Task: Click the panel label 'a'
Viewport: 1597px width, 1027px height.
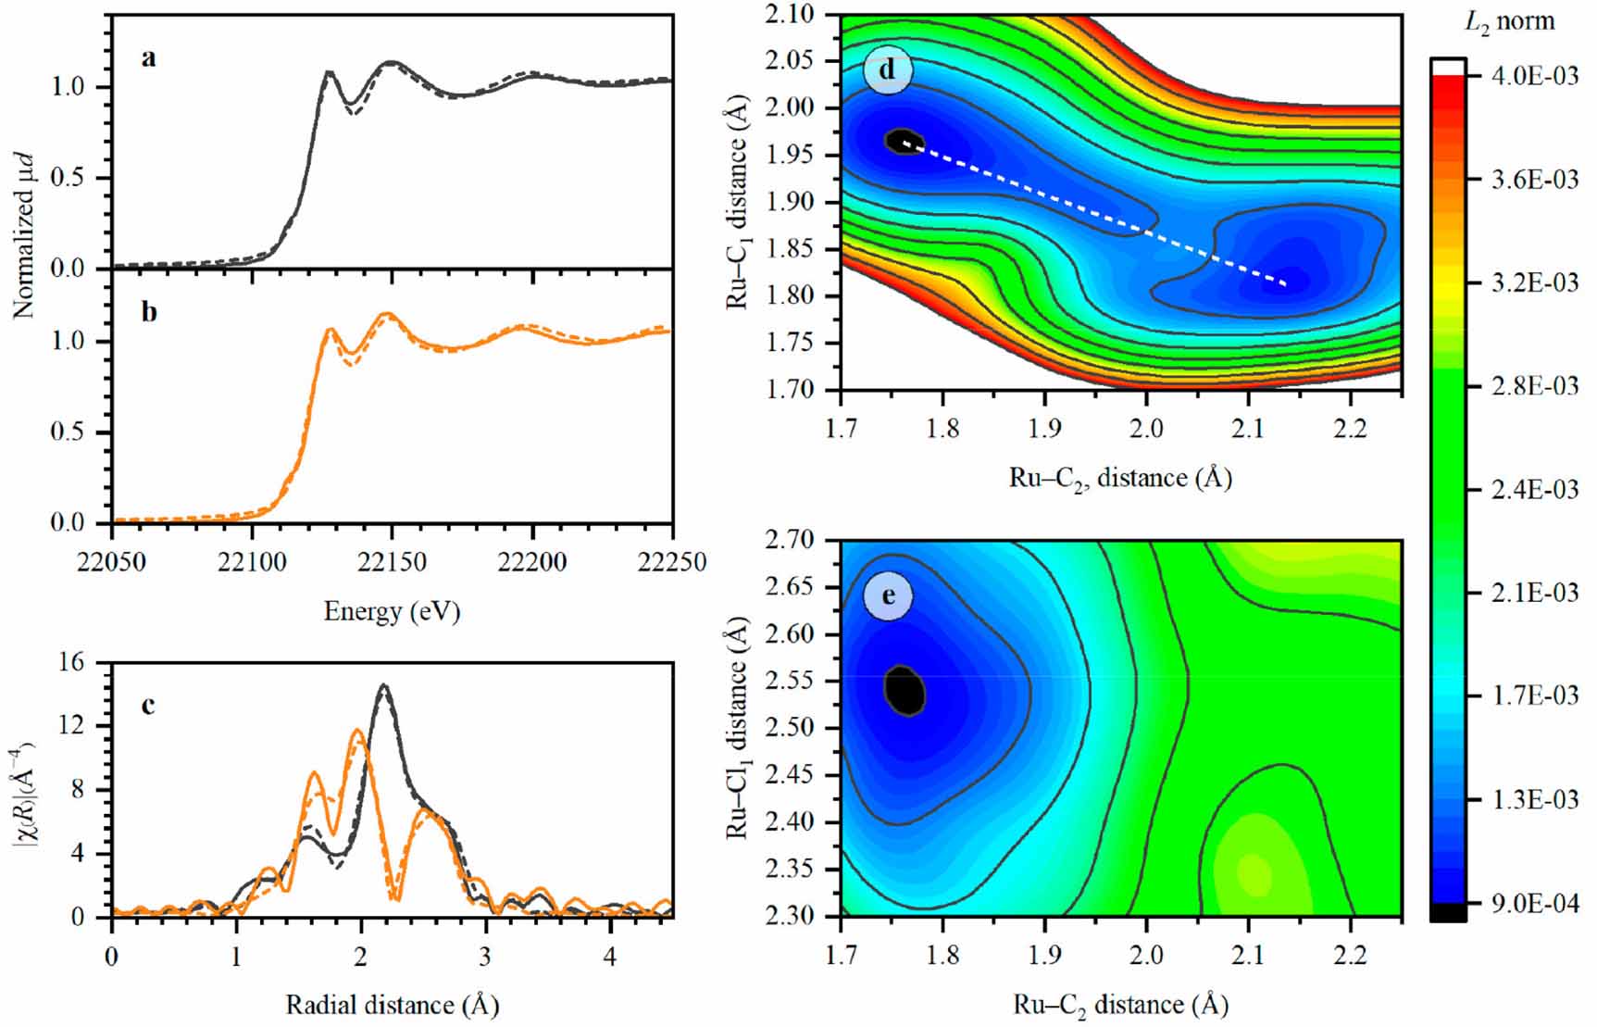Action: tap(149, 58)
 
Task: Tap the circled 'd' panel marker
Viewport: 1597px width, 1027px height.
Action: tap(887, 70)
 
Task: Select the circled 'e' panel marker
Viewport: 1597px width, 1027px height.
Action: tap(887, 595)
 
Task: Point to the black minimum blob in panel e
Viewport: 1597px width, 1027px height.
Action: tap(905, 690)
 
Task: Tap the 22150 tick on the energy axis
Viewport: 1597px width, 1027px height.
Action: tap(393, 562)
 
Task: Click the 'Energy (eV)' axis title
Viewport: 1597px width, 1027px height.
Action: tap(392, 611)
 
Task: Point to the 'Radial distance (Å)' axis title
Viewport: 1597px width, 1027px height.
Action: tap(392, 1005)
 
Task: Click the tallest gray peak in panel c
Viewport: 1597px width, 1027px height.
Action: tap(383, 686)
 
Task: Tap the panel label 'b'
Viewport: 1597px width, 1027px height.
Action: tap(149, 312)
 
